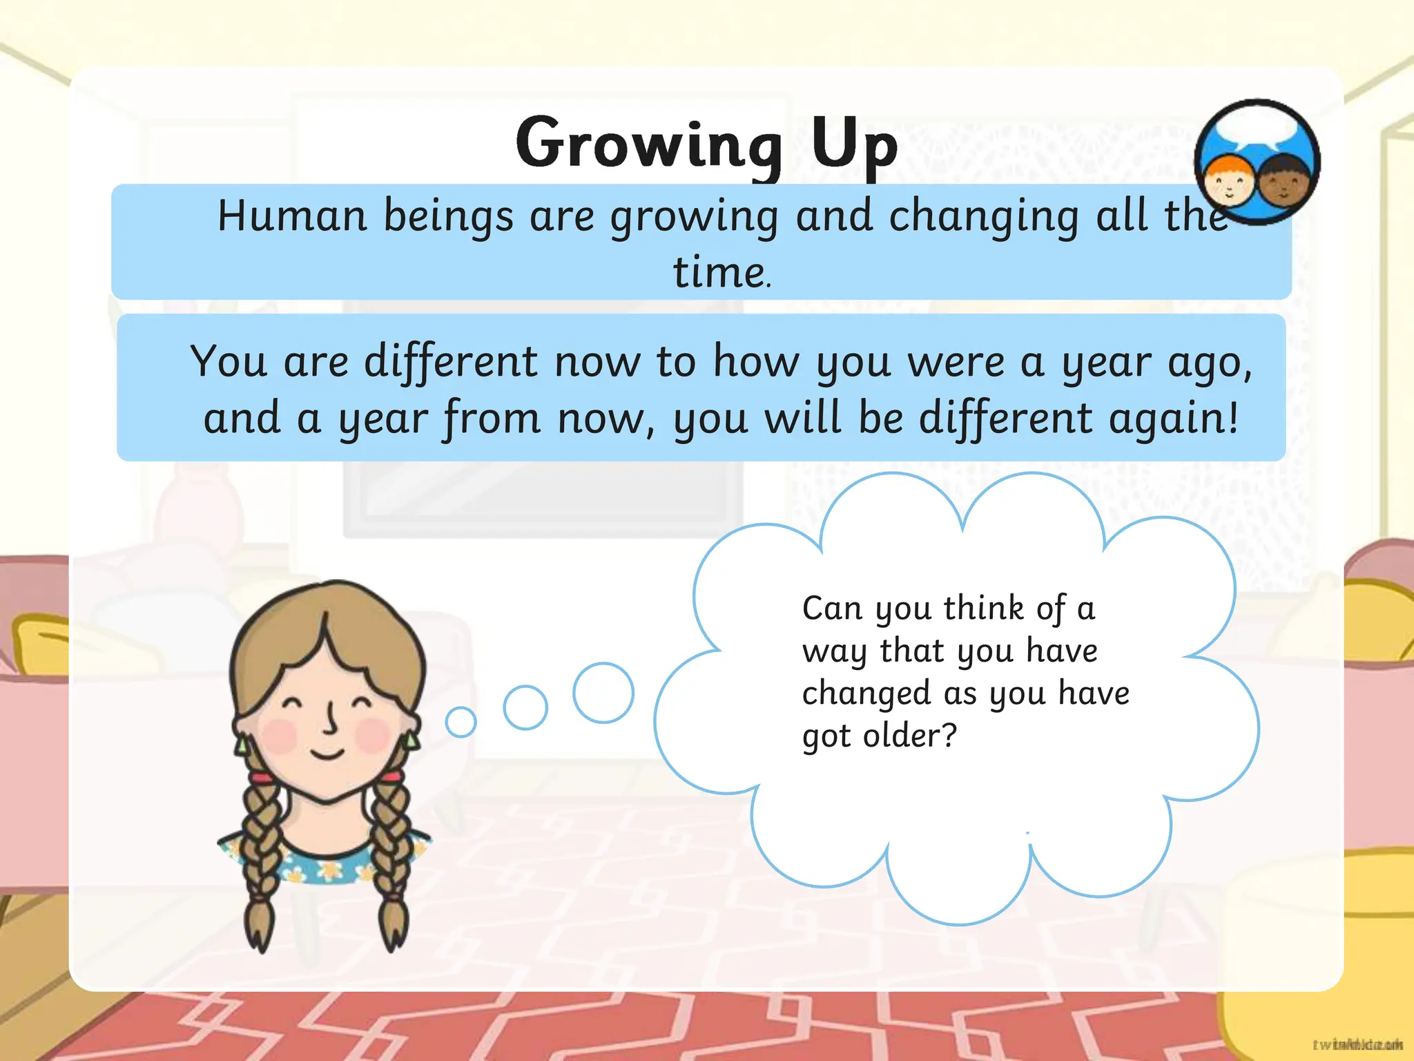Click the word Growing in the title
(x=648, y=144)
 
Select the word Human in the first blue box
(x=292, y=216)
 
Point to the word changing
(x=984, y=217)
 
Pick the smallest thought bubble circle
(x=461, y=723)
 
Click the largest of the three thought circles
(x=603, y=693)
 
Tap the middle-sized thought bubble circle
(x=525, y=707)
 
